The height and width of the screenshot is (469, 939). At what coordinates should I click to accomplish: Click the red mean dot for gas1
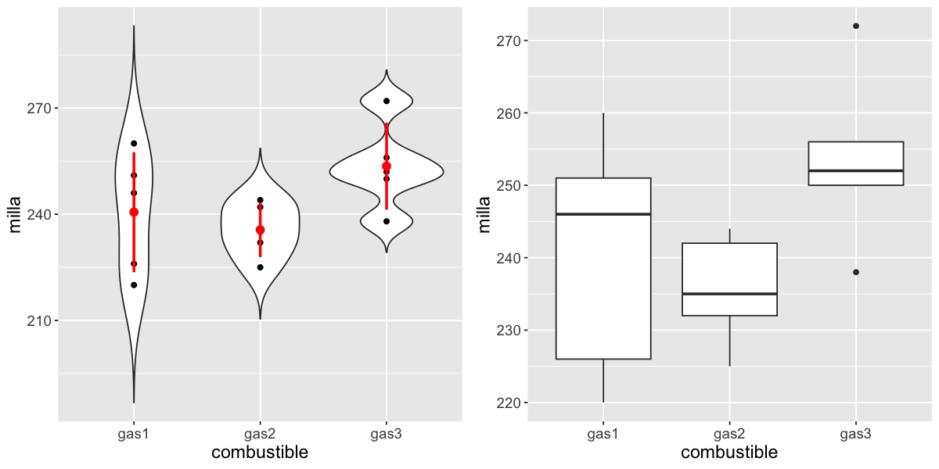(134, 212)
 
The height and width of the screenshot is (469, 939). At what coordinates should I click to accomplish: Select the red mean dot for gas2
(260, 230)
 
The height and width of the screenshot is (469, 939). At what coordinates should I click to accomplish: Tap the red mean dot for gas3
(387, 166)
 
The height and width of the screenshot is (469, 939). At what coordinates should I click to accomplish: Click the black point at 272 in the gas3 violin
(387, 101)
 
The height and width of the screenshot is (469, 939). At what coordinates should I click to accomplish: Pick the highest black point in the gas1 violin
(134, 143)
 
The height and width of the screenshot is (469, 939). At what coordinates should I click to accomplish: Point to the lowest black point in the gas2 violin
(260, 267)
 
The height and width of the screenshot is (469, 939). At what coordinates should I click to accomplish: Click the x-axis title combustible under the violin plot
(260, 453)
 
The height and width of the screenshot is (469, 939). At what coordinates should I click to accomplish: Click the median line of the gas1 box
(603, 214)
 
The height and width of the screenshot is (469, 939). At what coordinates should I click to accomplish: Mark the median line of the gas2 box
(729, 294)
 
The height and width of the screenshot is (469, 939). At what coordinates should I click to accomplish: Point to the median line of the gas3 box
(856, 170)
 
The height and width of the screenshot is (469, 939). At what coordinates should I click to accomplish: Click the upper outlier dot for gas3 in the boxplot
(856, 26)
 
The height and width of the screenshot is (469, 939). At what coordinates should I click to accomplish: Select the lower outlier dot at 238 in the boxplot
(856, 272)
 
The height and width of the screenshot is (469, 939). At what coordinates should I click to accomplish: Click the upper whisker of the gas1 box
(603, 145)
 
